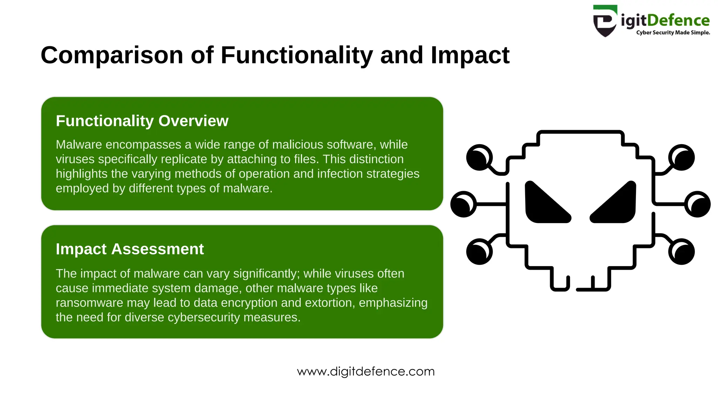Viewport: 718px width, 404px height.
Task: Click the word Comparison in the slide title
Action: coord(112,55)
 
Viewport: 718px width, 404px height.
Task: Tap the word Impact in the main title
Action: coord(470,55)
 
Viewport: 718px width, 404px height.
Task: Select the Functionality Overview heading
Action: coord(142,121)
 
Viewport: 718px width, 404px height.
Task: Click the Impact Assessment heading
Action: coord(130,249)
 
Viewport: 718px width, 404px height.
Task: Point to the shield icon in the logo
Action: coord(604,21)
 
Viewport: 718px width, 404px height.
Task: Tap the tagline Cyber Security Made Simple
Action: coord(673,33)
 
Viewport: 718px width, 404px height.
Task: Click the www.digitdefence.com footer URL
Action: coord(366,371)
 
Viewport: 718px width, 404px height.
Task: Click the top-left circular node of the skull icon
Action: coord(479,157)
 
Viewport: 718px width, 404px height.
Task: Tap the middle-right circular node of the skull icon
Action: coord(697,204)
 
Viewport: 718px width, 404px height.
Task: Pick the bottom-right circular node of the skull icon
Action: coord(681,251)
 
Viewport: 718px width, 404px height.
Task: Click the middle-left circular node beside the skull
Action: coord(463,204)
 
